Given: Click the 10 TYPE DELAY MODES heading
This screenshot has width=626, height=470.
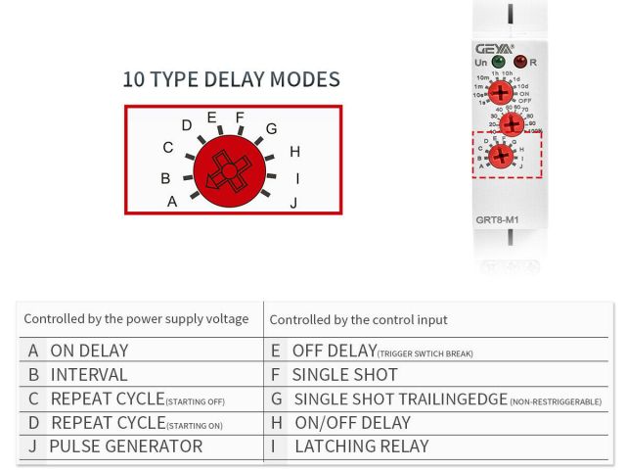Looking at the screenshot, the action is pyautogui.click(x=231, y=79).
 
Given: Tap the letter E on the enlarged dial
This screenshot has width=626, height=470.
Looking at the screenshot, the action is pyautogui.click(x=211, y=117).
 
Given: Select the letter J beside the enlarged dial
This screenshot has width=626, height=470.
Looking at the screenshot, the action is pyautogui.click(x=293, y=204).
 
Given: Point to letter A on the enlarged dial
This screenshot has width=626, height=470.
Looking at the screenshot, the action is pyautogui.click(x=172, y=202).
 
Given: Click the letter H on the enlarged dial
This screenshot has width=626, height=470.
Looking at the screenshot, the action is pyautogui.click(x=294, y=152).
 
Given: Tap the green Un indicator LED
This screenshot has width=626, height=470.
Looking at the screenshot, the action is pyautogui.click(x=498, y=62).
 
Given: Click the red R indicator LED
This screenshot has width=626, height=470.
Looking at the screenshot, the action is pyautogui.click(x=519, y=62).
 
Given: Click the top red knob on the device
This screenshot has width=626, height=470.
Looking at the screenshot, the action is pyautogui.click(x=500, y=93).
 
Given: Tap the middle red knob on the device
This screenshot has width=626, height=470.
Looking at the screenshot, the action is pyautogui.click(x=512, y=124).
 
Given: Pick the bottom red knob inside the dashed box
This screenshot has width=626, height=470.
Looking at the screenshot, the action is pyautogui.click(x=501, y=155).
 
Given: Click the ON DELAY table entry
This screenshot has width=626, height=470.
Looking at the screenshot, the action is pyautogui.click(x=89, y=351).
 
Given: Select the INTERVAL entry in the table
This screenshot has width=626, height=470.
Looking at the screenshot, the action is pyautogui.click(x=89, y=374).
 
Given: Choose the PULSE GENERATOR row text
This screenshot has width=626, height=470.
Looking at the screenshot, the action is pyautogui.click(x=125, y=446).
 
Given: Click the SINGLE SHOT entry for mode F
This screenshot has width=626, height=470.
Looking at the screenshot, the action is pyautogui.click(x=344, y=374).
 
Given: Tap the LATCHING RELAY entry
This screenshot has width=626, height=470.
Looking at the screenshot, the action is pyautogui.click(x=361, y=446).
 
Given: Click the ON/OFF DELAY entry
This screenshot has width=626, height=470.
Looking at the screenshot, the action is pyautogui.click(x=352, y=423).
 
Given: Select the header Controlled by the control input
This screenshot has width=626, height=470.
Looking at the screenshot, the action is pyautogui.click(x=358, y=319).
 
